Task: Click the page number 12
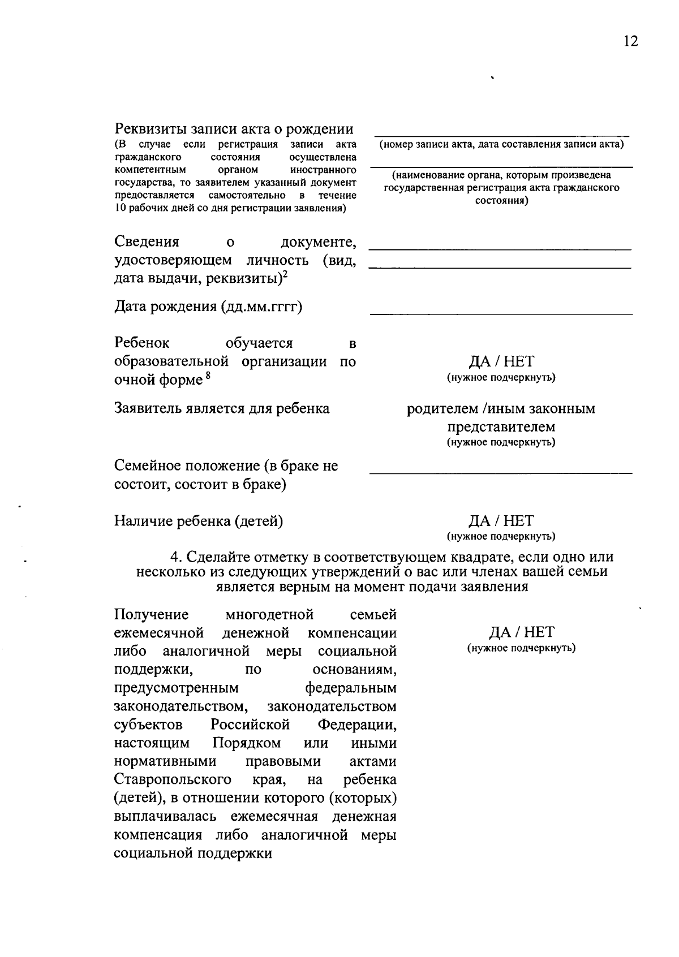(x=630, y=41)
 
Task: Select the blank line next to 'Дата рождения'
(x=501, y=313)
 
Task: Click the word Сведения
(x=147, y=242)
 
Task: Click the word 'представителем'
(x=501, y=426)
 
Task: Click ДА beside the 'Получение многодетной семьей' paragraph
(x=500, y=632)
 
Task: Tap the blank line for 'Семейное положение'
(x=501, y=472)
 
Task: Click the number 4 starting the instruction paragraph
(x=175, y=557)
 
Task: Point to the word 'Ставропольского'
(x=173, y=779)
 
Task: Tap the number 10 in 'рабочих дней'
(x=119, y=208)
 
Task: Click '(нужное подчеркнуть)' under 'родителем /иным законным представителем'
(x=501, y=442)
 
